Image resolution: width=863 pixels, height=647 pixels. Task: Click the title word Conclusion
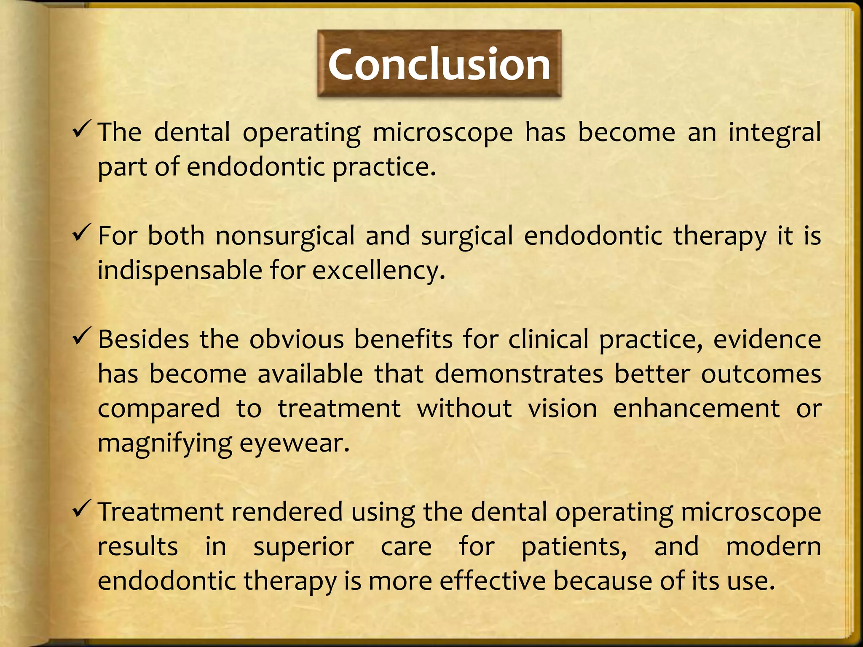pos(439,64)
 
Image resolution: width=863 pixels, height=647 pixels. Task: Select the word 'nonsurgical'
pos(285,236)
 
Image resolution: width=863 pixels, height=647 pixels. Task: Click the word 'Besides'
pos(144,340)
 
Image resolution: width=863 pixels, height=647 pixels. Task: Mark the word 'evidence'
pos(767,340)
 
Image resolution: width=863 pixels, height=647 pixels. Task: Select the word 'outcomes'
pos(761,374)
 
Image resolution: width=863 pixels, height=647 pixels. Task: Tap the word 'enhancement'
pos(696,409)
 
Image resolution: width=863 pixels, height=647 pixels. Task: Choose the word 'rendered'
pos(287,512)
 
